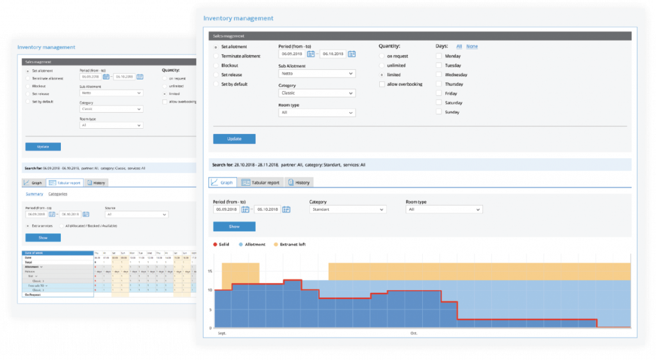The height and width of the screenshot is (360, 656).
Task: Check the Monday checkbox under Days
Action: tap(439, 56)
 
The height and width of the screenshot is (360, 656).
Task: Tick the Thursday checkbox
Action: tap(439, 84)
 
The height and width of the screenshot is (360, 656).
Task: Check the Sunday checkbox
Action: tap(439, 112)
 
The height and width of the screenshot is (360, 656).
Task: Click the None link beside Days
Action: tap(471, 47)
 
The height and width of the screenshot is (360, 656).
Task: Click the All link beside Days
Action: tap(459, 47)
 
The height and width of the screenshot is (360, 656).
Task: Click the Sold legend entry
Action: tap(221, 244)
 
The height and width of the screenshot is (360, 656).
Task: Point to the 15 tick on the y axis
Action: tap(210, 271)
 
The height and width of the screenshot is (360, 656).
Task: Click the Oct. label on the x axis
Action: tap(413, 333)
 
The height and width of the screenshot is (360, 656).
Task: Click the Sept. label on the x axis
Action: tap(222, 333)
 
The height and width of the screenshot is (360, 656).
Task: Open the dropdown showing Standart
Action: tap(348, 209)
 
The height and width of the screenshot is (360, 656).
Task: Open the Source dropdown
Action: tap(136, 215)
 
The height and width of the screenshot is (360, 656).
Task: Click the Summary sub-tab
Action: tap(34, 194)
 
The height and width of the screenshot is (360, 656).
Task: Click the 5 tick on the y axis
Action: tap(211, 309)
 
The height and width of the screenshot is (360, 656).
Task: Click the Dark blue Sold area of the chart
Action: tap(269, 307)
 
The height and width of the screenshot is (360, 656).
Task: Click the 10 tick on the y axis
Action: tap(210, 290)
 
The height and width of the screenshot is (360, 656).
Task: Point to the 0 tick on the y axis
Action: tap(211, 328)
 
